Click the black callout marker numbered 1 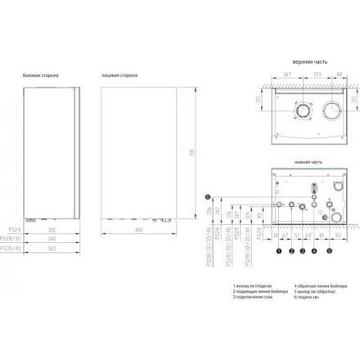[279, 250]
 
